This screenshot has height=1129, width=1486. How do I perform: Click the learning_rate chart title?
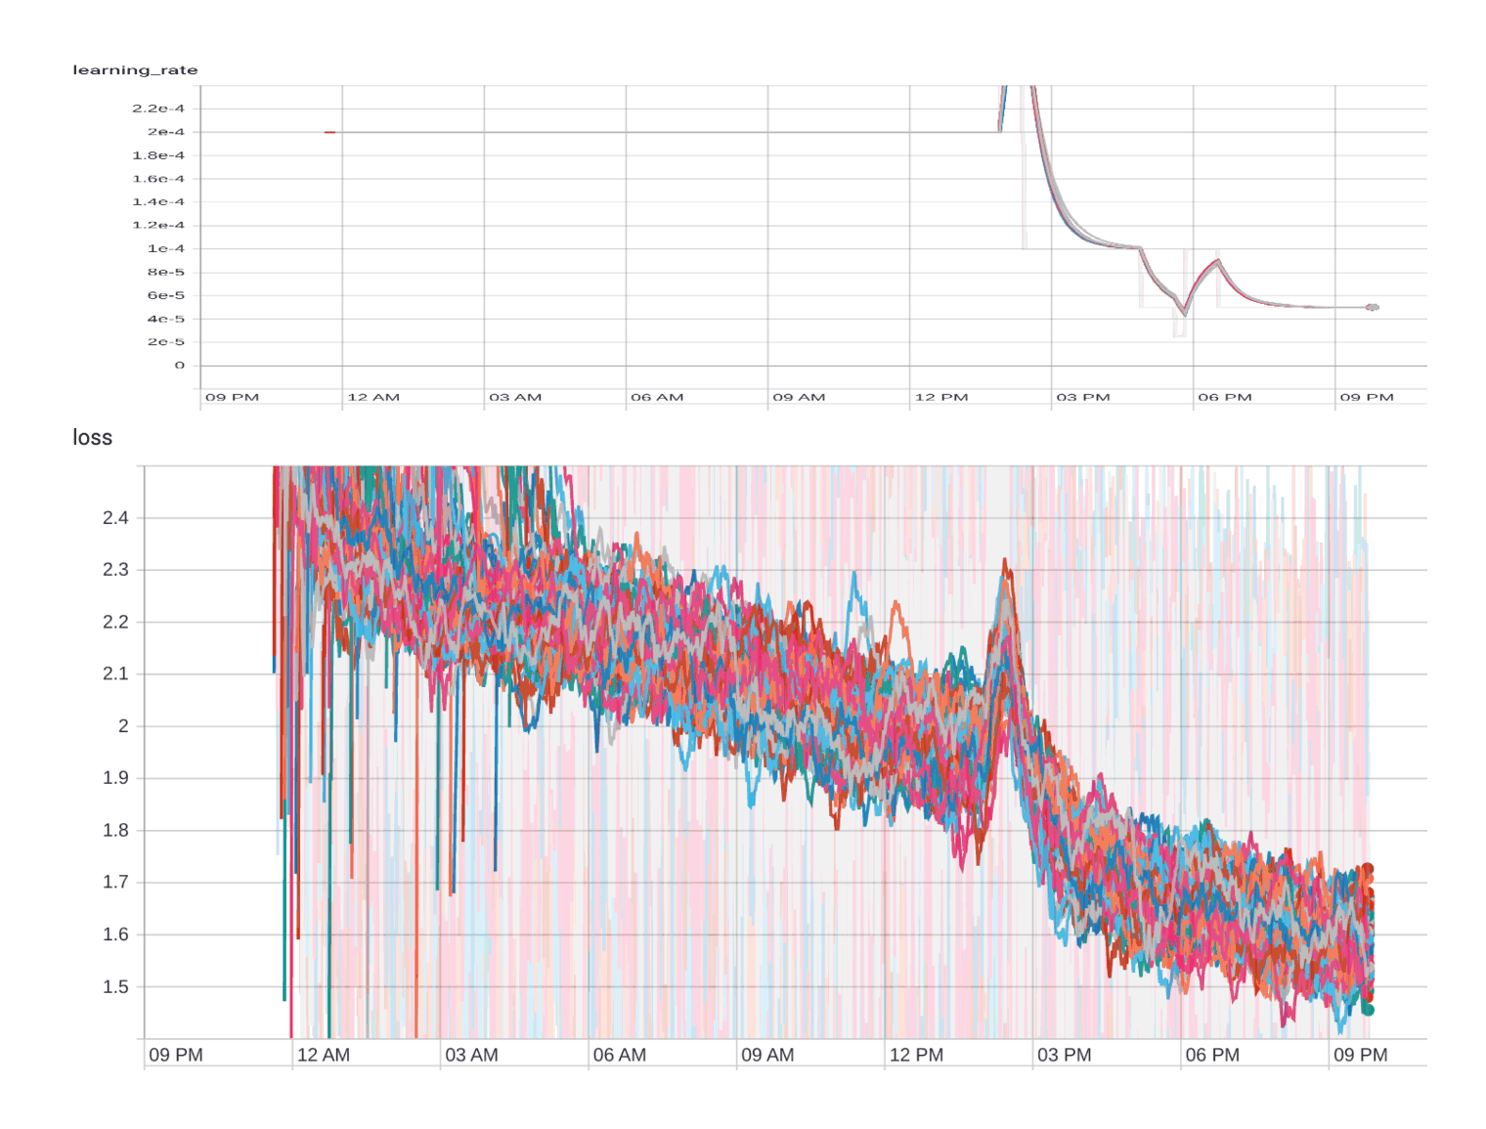click(135, 70)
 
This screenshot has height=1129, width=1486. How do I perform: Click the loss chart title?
click(92, 438)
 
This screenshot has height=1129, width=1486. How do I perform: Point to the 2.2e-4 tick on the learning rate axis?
click(158, 109)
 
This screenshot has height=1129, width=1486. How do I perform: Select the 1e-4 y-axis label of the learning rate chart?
click(165, 249)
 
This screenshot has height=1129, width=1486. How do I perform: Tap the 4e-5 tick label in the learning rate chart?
click(165, 319)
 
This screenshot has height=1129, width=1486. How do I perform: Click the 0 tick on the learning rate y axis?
click(179, 366)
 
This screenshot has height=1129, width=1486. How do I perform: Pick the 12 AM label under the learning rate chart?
click(373, 398)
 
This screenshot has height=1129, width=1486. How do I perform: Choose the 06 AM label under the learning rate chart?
click(657, 398)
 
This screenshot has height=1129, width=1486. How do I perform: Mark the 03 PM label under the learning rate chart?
click(1083, 398)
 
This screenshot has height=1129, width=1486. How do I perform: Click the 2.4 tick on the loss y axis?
click(115, 518)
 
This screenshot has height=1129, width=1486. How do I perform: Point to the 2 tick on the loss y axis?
click(123, 726)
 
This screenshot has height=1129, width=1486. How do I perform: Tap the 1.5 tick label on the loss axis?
click(115, 987)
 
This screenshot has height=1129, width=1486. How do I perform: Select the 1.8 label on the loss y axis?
click(115, 831)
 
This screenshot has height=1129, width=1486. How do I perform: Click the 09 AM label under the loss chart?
click(767, 1056)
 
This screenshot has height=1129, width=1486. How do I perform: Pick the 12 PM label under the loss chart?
click(916, 1056)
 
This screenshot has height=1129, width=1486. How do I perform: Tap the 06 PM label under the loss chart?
click(1212, 1056)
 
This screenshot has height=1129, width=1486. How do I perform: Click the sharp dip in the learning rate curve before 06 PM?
click(1185, 314)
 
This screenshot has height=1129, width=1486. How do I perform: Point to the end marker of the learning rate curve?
click(1373, 308)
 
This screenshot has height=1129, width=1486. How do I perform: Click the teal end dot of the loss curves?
click(1368, 1010)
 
